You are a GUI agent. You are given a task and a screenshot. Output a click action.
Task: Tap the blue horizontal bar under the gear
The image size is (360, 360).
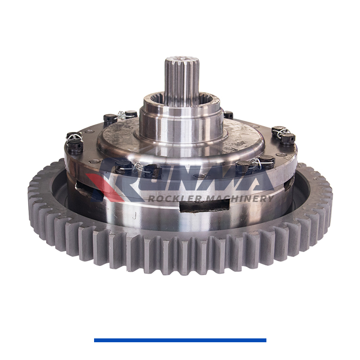click(x=180, y=340)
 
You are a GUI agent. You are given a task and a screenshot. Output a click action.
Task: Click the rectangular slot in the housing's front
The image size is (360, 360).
click(x=204, y=205)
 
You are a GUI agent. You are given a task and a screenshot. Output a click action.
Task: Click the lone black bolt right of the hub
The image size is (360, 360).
click(x=228, y=115)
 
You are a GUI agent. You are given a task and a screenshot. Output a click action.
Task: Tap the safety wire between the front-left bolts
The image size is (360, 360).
click(x=139, y=167)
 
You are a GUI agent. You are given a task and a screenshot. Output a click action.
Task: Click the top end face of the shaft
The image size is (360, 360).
click(x=181, y=60)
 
